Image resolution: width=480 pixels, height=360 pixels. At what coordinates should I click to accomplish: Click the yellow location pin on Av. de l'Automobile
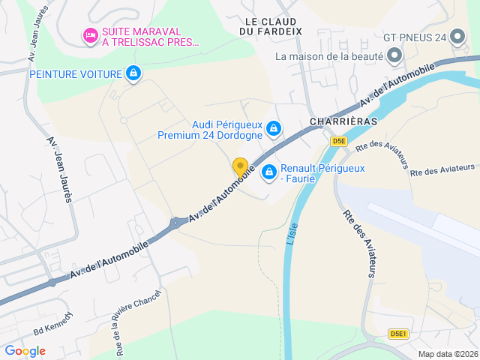point(240,167)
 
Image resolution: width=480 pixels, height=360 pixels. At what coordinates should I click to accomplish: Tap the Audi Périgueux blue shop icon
point(274,130)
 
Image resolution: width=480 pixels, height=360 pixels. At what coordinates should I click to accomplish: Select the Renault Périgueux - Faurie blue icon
point(268,173)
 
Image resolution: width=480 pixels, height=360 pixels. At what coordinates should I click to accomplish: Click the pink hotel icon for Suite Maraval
point(90,34)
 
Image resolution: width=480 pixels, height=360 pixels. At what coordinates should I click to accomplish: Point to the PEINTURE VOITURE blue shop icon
point(133,73)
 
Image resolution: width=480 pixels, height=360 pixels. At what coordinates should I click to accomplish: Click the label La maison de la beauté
point(328,56)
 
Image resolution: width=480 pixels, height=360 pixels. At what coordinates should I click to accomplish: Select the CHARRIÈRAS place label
point(343,120)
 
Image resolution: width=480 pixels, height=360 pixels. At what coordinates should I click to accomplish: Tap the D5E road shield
point(339,140)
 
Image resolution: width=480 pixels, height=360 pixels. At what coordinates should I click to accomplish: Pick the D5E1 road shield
point(399,333)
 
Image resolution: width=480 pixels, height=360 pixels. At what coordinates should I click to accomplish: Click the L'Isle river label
point(292,232)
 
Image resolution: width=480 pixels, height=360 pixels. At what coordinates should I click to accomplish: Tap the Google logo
point(25,350)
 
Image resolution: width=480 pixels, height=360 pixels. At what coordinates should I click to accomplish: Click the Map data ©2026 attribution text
point(447,354)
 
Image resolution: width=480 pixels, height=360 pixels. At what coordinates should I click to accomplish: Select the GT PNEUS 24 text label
point(415,36)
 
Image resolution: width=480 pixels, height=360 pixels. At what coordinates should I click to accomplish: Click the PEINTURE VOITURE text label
point(76,73)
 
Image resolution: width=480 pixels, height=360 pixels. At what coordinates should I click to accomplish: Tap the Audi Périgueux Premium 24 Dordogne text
point(210,130)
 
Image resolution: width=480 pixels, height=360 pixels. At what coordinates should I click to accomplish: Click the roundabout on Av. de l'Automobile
point(175,222)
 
